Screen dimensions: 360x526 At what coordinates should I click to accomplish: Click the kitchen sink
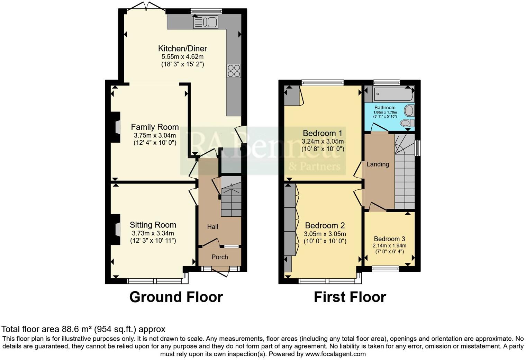pos(206,22)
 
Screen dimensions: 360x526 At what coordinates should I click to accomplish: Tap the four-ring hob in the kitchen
pos(234,71)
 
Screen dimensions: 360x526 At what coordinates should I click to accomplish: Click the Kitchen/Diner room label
pos(182,48)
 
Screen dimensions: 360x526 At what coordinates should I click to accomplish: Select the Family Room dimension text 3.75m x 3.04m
pos(155,135)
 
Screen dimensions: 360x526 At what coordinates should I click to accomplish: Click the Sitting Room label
pos(153,225)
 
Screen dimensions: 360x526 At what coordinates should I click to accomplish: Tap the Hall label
pos(212,227)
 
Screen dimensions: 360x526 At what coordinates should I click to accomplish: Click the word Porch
pos(220,257)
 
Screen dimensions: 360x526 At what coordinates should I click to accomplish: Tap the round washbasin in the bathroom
pos(409,111)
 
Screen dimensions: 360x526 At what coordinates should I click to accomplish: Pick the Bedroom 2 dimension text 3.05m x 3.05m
pos(325,234)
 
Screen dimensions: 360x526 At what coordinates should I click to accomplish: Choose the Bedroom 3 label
pos(389,239)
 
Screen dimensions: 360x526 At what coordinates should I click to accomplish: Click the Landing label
pos(378,164)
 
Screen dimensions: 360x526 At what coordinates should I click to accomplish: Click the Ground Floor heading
pos(176,297)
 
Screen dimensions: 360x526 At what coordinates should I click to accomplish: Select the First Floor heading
pos(350,297)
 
